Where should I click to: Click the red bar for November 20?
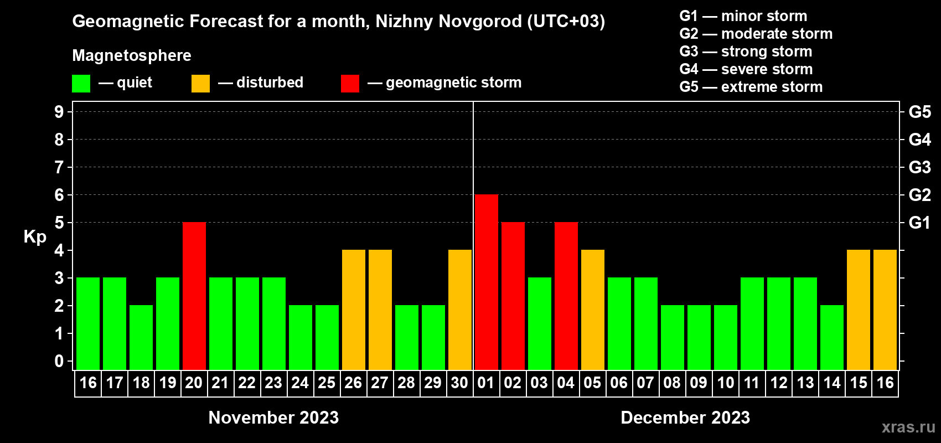click(x=194, y=296)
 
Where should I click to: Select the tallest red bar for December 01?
click(x=487, y=282)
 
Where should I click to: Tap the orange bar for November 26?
click(x=354, y=310)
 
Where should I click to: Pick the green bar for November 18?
click(x=141, y=337)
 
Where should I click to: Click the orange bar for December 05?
click(x=593, y=310)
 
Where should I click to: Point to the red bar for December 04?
click(x=566, y=296)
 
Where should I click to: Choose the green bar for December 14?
click(x=832, y=337)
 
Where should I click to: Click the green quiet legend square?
click(x=81, y=84)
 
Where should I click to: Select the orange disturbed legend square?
click(x=200, y=84)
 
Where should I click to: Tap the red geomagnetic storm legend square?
click(x=350, y=84)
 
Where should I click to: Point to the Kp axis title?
click(x=35, y=237)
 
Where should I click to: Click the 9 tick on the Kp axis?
click(x=59, y=112)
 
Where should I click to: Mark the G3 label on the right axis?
click(x=919, y=167)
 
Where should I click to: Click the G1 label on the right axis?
click(x=919, y=223)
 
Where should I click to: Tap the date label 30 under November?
click(x=459, y=383)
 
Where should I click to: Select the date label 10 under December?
click(x=725, y=383)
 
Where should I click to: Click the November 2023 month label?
click(x=273, y=418)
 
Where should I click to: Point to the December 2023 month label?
click(x=685, y=418)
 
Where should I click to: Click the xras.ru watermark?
click(x=908, y=427)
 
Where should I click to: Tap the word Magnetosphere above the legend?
click(x=132, y=55)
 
